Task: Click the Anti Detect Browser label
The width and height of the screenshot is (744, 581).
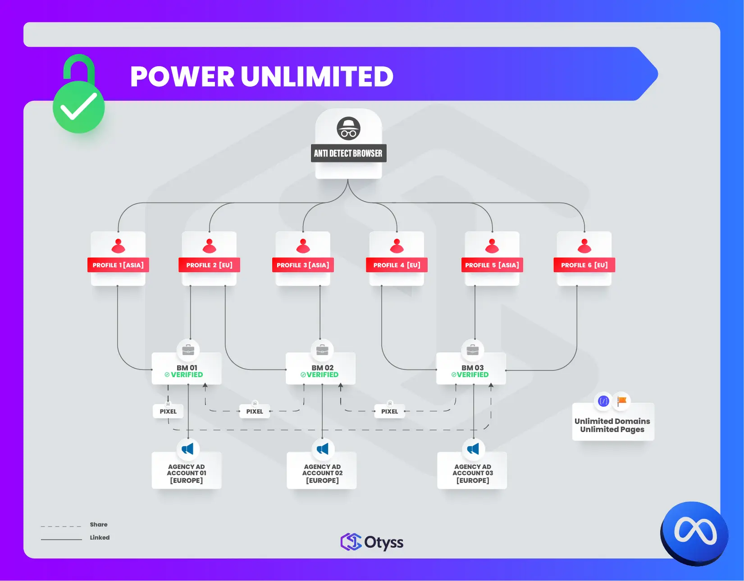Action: (348, 153)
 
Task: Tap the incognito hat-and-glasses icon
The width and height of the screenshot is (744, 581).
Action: (348, 129)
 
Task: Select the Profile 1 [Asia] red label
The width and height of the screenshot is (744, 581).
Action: (118, 265)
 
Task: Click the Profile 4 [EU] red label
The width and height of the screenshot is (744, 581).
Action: (397, 265)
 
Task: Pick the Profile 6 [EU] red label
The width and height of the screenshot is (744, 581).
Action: (584, 265)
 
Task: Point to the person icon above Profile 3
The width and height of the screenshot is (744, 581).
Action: (303, 246)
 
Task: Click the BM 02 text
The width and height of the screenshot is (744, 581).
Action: (323, 368)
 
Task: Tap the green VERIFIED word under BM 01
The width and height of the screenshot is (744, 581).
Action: (187, 375)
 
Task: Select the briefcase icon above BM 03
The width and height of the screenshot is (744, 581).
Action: (472, 350)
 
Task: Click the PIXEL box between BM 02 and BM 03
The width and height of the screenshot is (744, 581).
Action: (389, 411)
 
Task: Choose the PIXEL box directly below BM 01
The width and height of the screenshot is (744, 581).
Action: (168, 411)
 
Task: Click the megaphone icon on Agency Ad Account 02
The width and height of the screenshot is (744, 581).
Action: (323, 449)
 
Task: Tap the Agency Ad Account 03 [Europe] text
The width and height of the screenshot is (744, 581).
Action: (472, 473)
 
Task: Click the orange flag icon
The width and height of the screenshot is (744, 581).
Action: (622, 401)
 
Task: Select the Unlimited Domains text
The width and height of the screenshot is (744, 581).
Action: (612, 421)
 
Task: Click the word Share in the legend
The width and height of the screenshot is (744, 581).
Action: (98, 524)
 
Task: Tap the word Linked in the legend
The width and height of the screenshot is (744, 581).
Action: (100, 537)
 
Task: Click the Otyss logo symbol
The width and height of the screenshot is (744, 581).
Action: (351, 542)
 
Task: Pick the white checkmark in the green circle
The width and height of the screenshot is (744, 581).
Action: (79, 107)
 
